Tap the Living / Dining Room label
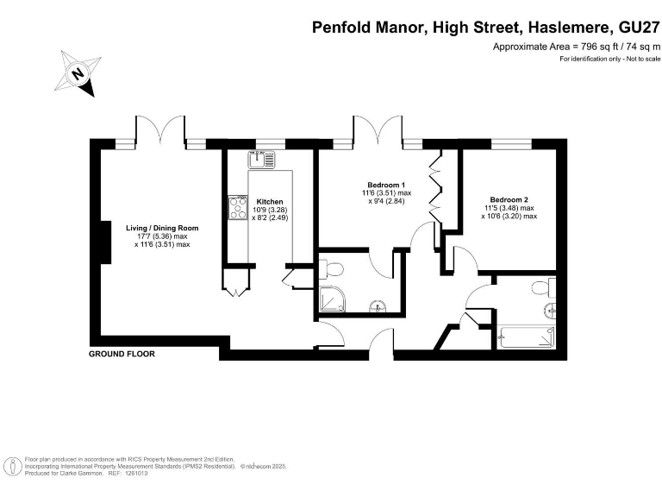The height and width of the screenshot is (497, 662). (162, 228)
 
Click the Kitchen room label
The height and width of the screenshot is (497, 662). (270, 202)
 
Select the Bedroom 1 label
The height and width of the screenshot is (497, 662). (386, 185)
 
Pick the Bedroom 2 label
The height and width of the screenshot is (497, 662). (509, 199)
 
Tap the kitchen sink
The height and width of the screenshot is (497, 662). (262, 159)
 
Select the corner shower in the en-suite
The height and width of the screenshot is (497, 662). (331, 299)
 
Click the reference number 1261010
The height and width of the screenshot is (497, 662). (134, 474)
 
